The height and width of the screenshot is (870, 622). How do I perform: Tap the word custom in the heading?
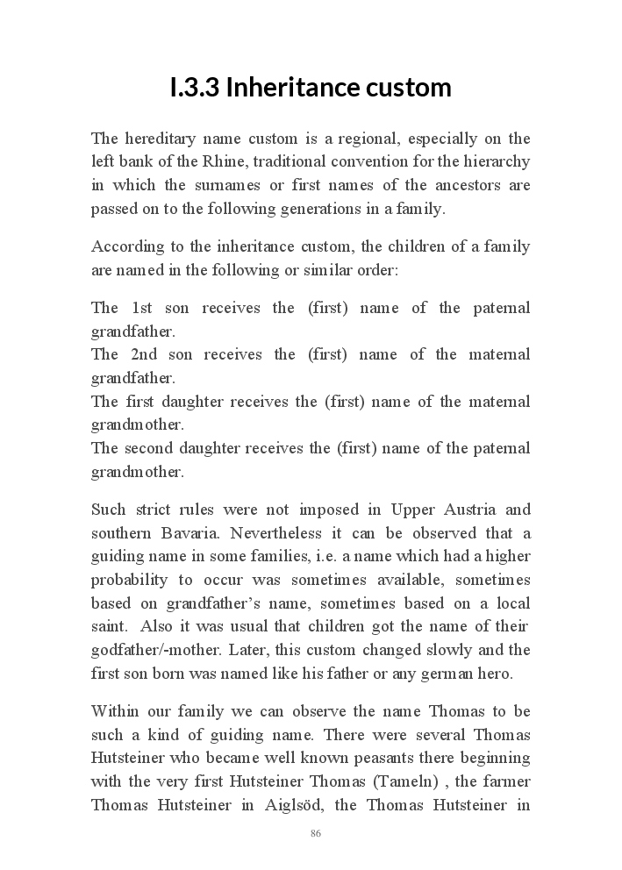point(410,88)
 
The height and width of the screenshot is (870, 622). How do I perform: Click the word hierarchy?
point(499,162)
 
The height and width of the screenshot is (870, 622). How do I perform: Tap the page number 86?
point(316,833)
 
